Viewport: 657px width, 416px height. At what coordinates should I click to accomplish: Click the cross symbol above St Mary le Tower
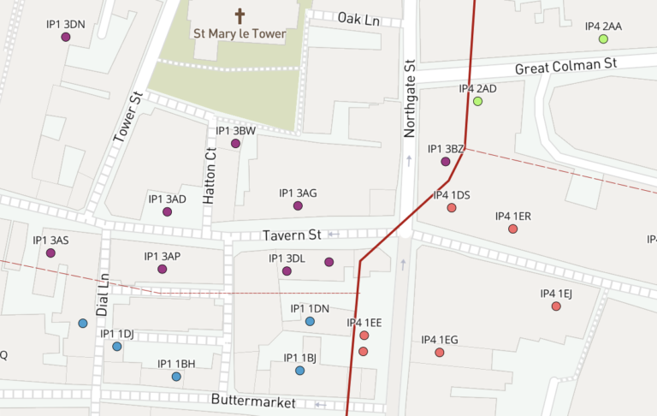pyautogui.click(x=240, y=16)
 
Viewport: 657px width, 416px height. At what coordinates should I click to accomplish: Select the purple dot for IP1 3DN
pyautogui.click(x=66, y=37)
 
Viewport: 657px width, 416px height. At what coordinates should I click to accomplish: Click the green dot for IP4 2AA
pyautogui.click(x=603, y=39)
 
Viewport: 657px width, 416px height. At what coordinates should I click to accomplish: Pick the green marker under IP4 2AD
pyautogui.click(x=477, y=102)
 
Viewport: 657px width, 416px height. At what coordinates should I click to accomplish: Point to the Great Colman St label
pyautogui.click(x=565, y=65)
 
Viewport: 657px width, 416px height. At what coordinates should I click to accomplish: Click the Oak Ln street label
pyautogui.click(x=358, y=18)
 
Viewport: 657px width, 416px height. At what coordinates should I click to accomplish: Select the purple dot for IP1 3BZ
pyautogui.click(x=446, y=162)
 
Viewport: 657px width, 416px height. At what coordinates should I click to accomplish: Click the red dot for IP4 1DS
pyautogui.click(x=452, y=208)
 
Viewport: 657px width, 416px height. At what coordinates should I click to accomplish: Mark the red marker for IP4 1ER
pyautogui.click(x=513, y=229)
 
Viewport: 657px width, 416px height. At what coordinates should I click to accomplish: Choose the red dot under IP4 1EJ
pyautogui.click(x=556, y=306)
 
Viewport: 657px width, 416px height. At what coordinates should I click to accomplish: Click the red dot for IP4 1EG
pyautogui.click(x=440, y=353)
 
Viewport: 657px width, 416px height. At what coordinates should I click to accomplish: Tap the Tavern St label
pyautogui.click(x=292, y=235)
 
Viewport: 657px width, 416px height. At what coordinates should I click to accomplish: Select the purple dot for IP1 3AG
pyautogui.click(x=298, y=206)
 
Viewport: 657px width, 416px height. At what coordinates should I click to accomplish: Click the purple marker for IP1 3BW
pyautogui.click(x=235, y=144)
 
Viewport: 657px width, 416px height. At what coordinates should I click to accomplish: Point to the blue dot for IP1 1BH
pyautogui.click(x=176, y=377)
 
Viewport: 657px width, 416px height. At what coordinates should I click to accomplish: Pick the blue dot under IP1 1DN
pyautogui.click(x=310, y=322)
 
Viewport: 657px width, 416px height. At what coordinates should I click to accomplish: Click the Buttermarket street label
pyautogui.click(x=253, y=401)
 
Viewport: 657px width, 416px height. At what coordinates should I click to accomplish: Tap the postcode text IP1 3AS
pyautogui.click(x=50, y=241)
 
